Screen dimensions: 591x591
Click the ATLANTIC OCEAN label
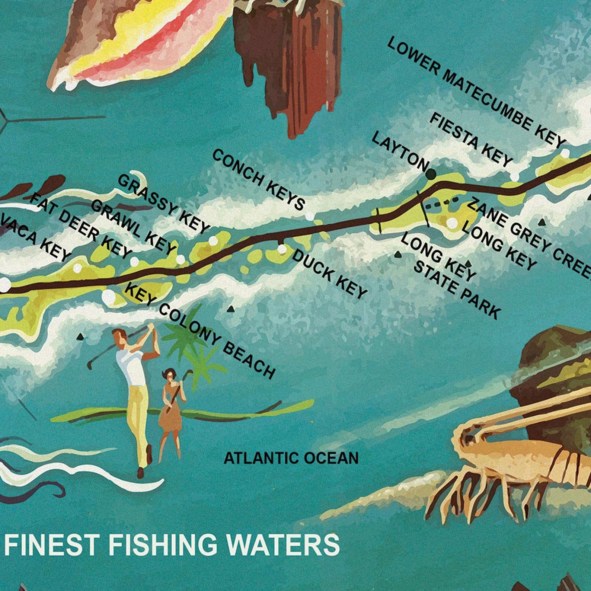[x=291, y=458]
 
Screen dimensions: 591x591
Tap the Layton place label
[x=400, y=153]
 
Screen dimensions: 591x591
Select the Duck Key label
[x=329, y=274]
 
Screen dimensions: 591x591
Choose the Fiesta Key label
[x=471, y=140]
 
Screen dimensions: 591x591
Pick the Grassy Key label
[x=164, y=204]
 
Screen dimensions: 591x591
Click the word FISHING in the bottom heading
[x=162, y=544]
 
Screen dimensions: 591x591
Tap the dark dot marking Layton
[x=431, y=173]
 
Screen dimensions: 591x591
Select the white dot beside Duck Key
[x=282, y=249]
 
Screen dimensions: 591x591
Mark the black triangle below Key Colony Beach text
[x=230, y=309]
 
